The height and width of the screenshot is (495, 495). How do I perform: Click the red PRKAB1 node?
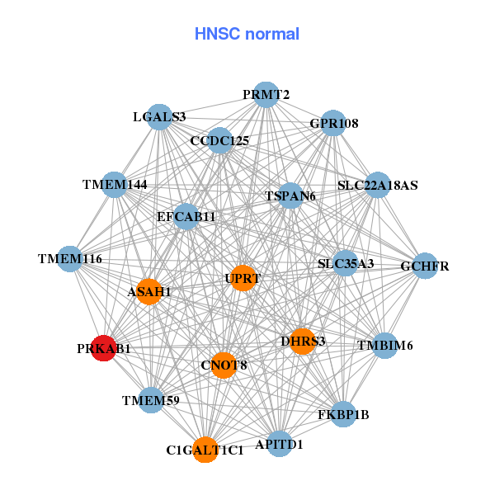[x=103, y=348]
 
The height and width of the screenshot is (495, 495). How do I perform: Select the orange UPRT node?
[x=242, y=278]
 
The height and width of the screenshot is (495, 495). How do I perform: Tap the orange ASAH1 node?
[x=148, y=291]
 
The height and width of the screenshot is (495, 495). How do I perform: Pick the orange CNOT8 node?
[x=224, y=365]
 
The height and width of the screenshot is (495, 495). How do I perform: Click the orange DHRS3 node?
[x=303, y=341]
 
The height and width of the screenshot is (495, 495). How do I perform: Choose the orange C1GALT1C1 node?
[x=205, y=450]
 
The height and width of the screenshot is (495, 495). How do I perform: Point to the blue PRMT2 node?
[x=266, y=95]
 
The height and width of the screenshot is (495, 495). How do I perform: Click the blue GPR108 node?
[x=333, y=124]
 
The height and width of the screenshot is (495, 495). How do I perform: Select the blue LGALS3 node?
[x=159, y=116]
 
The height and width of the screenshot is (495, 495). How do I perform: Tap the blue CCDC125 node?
[x=219, y=140]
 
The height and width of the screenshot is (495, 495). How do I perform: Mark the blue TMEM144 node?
[x=115, y=184]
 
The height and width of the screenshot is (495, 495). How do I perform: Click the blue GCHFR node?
[x=425, y=266]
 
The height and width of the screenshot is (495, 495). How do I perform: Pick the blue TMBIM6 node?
[x=384, y=345]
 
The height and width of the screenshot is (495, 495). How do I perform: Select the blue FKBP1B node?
[x=343, y=413]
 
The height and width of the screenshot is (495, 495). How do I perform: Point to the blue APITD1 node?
[x=280, y=444]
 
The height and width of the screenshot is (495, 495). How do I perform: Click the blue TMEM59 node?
[x=151, y=401]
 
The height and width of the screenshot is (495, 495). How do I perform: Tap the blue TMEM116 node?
[x=70, y=259]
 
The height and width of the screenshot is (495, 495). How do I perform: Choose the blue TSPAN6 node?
[x=290, y=196]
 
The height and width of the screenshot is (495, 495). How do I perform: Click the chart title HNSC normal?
[x=247, y=34]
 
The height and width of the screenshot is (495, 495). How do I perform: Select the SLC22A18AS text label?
[x=378, y=186]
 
